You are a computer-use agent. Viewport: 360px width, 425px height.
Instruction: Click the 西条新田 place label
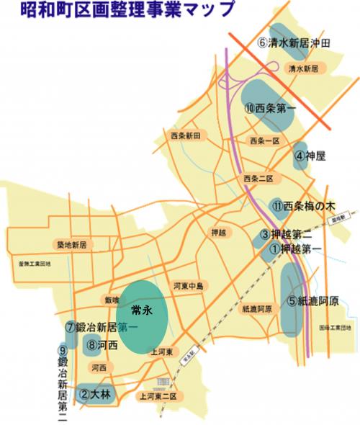(x=189, y=135)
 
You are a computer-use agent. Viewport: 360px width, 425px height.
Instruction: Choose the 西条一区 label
(x=263, y=140)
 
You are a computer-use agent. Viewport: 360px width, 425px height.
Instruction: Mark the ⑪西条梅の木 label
(x=305, y=205)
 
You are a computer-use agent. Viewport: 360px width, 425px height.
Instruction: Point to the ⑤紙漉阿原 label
(x=312, y=301)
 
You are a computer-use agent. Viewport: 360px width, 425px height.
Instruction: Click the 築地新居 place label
(x=75, y=245)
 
